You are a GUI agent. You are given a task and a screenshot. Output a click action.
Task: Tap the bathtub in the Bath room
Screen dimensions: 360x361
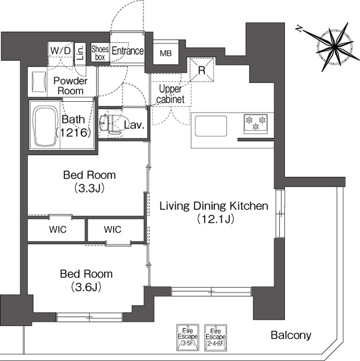tap(45, 126)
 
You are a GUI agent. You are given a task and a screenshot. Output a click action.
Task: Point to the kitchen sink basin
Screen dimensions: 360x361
tap(211, 126)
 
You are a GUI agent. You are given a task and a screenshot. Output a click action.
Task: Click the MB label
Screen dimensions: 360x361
tap(166, 53)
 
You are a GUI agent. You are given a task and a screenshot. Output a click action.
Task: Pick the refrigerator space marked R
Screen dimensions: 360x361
tap(202, 70)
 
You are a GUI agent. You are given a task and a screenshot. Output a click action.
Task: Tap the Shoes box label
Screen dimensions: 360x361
tap(100, 53)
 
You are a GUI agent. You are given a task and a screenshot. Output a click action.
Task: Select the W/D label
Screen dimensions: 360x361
tap(60, 51)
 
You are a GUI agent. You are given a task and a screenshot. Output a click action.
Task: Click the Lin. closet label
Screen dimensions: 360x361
tap(80, 52)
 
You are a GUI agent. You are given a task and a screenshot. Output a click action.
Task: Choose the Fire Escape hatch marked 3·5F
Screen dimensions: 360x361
tap(188, 337)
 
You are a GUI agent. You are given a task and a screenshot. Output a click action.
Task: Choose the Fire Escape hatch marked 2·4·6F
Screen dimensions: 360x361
tap(216, 338)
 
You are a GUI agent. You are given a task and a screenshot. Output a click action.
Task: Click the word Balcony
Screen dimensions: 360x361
tap(291, 335)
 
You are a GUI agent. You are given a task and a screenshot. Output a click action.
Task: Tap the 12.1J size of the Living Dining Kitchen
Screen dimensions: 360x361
tap(216, 219)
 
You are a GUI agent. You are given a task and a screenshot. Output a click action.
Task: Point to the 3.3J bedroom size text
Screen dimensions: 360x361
tap(89, 188)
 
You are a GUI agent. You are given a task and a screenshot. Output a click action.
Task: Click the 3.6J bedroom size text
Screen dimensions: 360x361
tap(86, 287)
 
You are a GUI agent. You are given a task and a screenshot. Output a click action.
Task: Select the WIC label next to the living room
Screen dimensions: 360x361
tap(113, 229)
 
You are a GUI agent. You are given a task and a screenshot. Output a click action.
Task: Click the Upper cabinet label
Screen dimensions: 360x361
tap(171, 94)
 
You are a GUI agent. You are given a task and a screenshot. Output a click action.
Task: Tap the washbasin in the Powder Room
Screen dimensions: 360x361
tap(38, 81)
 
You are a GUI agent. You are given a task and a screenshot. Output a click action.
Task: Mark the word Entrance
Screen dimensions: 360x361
tap(127, 51)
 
